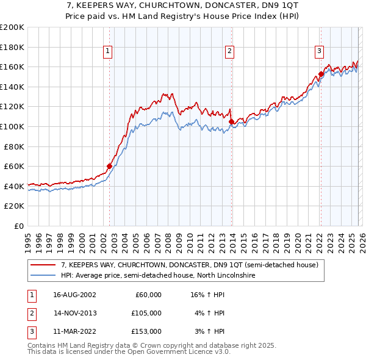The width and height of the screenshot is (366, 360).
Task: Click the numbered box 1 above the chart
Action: click(x=107, y=52)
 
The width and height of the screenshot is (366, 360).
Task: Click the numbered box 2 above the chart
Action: click(x=229, y=52)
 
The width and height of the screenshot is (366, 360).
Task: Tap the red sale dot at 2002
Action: click(x=110, y=166)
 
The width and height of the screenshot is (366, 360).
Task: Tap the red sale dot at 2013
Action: click(x=231, y=121)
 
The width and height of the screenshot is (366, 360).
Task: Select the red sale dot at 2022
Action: click(x=321, y=74)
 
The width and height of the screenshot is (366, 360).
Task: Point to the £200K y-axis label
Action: click(x=12, y=27)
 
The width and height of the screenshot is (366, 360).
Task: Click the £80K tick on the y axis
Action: click(x=13, y=146)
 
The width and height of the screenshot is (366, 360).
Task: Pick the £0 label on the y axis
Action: click(x=20, y=226)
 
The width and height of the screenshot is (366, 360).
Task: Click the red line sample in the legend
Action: click(x=43, y=265)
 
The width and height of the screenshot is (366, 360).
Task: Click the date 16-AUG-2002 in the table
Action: click(x=74, y=295)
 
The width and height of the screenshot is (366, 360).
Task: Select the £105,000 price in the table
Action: click(x=146, y=313)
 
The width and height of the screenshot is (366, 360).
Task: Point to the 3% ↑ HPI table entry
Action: click(x=210, y=331)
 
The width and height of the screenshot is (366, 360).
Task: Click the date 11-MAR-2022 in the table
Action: click(x=74, y=331)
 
